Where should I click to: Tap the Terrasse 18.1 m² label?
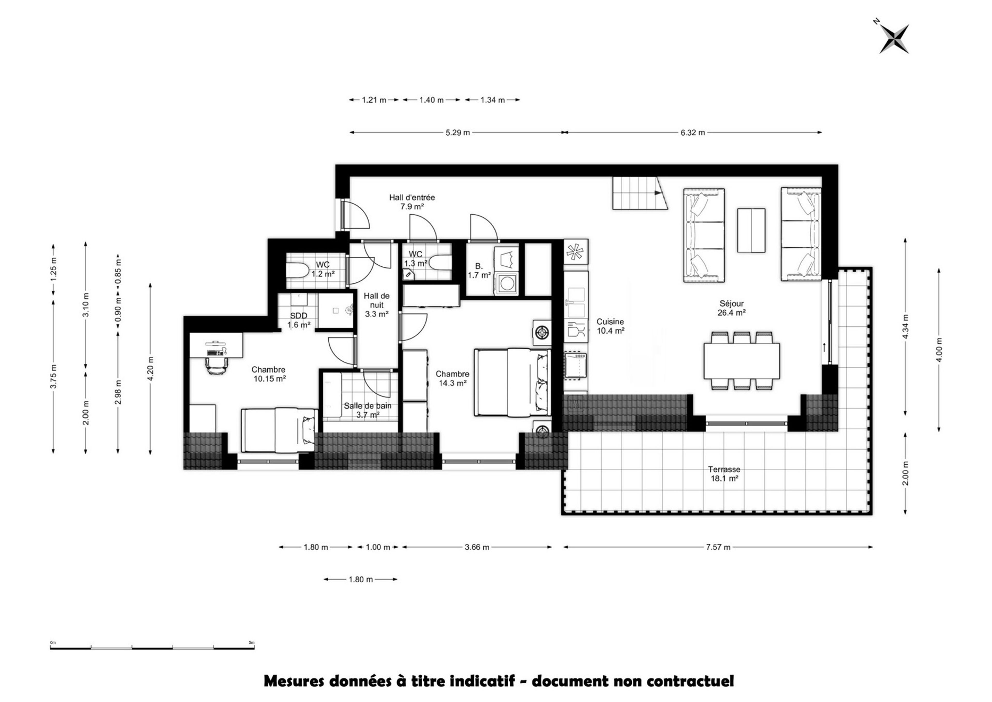[x=724, y=474]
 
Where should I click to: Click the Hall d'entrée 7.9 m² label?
[x=412, y=202]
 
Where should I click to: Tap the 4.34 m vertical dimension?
[x=905, y=326]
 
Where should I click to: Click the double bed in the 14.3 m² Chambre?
[x=513, y=383]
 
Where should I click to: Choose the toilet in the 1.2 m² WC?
[x=298, y=271]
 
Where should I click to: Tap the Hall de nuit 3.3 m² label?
[x=376, y=305]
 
